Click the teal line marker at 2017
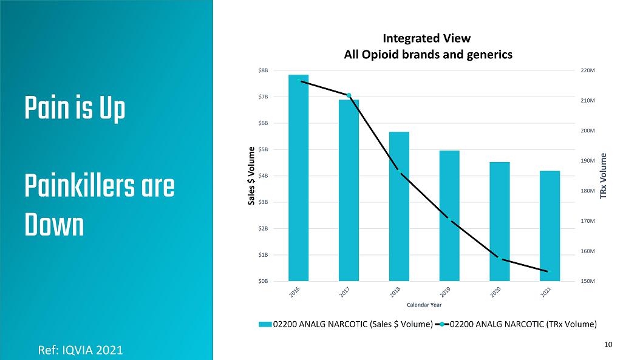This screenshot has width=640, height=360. coord(349,95)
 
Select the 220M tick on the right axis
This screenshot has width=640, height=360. coord(588,71)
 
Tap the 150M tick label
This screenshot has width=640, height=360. coord(588,281)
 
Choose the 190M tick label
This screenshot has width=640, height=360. coord(588,161)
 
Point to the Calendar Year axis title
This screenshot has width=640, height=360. coord(424,305)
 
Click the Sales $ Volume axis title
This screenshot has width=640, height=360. coord(251,176)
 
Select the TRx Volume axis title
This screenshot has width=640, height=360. coord(604,176)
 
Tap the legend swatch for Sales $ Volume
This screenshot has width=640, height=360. coord(265,324)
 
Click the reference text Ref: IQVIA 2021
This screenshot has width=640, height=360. coord(80,350)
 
